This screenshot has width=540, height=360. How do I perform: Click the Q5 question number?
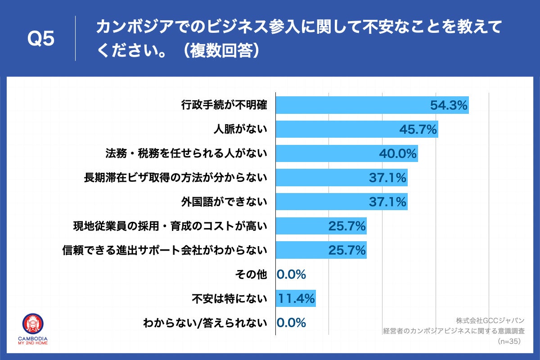coord(41,39)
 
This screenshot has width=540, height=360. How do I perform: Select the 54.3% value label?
coord(449,105)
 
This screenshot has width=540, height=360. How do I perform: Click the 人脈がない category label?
coord(240,130)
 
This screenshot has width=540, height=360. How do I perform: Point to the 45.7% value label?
coord(418,130)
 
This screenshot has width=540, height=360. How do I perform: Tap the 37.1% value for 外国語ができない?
coord(387,202)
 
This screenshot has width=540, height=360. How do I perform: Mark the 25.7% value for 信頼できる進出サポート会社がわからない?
coord(346,250)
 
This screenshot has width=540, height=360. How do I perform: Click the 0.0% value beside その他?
coord(292,274)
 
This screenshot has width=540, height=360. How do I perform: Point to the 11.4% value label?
coord(296,298)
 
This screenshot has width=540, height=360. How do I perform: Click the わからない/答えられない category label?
coord(205,323)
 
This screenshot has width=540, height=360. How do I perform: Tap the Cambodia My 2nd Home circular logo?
coord(34,324)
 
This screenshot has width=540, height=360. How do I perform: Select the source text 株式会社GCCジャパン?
coord(490,321)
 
